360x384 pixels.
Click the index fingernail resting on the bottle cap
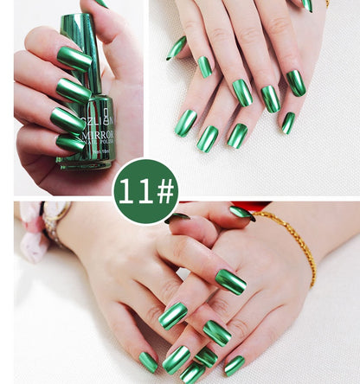(x=74, y=58)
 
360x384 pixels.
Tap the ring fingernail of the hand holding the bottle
(x=67, y=119)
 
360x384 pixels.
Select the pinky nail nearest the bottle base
(x=71, y=143)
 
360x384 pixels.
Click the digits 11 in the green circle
(x=133, y=191)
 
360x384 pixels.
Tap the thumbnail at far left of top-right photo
(x=177, y=48)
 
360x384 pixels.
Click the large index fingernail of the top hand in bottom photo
(x=230, y=281)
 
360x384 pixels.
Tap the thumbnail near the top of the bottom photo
(x=241, y=213)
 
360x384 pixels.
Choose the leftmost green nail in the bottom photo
(x=149, y=362)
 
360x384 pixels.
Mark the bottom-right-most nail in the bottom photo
(x=234, y=365)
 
